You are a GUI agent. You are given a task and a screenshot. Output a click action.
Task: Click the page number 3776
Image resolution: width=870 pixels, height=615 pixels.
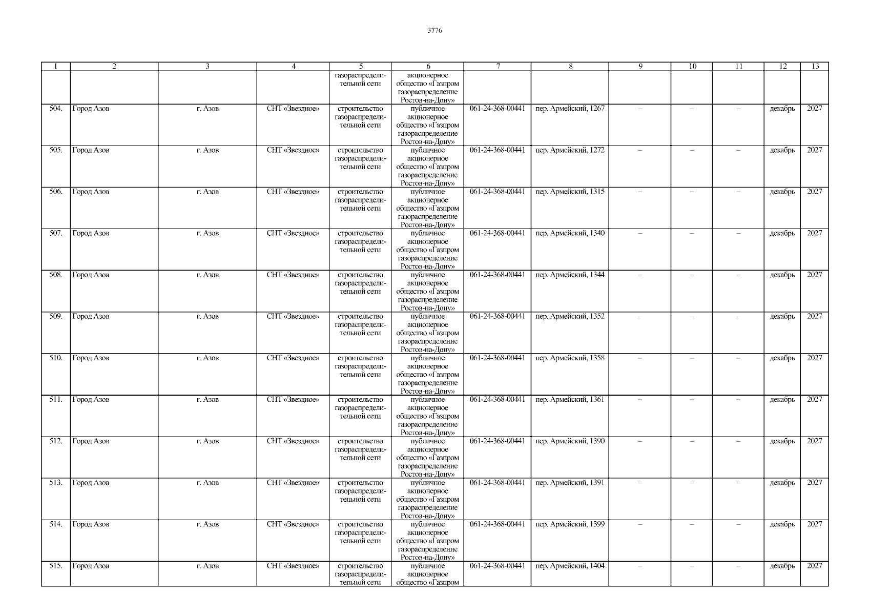pos(434,31)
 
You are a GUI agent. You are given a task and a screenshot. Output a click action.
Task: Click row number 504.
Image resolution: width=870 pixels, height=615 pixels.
pos(56,109)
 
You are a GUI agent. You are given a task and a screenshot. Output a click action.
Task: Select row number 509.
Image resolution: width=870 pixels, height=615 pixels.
pos(56,316)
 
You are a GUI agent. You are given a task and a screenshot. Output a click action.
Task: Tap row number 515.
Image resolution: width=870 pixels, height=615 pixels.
pos(56,566)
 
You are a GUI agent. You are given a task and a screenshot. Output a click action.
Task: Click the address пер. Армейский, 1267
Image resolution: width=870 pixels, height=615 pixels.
pos(570,109)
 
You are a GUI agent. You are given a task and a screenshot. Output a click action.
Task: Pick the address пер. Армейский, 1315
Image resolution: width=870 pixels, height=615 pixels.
pos(570,192)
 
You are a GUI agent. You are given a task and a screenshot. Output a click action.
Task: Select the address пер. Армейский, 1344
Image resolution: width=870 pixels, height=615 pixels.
pos(570,275)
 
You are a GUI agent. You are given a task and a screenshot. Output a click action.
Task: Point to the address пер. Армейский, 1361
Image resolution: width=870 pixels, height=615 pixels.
pos(570,399)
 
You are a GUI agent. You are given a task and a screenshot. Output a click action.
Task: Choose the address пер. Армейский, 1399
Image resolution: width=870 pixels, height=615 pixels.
pos(570,524)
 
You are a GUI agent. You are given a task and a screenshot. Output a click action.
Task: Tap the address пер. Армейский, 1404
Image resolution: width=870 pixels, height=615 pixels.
pos(570,566)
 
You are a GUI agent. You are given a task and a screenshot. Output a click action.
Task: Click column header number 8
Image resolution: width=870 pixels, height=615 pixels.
pos(570,66)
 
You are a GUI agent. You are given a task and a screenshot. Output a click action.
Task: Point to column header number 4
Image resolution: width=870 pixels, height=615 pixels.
pos(293,66)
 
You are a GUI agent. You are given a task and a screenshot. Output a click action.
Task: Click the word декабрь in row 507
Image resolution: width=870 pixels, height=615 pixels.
pos(782,233)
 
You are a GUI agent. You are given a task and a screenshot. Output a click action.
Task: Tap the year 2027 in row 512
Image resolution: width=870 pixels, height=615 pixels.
pos(814,441)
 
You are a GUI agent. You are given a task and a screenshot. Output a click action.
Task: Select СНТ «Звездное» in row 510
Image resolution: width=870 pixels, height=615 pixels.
pos(293,358)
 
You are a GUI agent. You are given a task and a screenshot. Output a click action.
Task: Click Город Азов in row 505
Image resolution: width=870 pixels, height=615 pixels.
pos(91,150)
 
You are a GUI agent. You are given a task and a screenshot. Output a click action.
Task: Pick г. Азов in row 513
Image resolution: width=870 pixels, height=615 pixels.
pos(208,483)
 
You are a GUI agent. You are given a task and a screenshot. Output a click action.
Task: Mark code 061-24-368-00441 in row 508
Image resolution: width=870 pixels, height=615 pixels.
pos(497,275)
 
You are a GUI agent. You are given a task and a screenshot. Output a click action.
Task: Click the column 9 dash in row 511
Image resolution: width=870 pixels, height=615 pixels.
pos(640,400)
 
